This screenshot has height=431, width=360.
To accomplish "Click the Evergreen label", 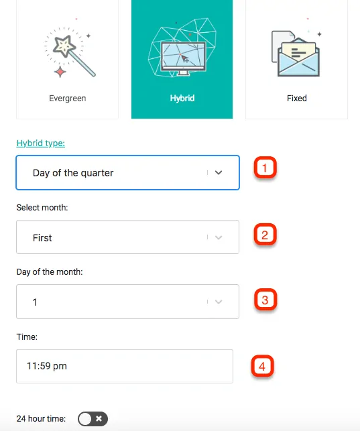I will point(67,98).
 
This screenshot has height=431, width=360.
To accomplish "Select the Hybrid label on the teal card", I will point(182,98).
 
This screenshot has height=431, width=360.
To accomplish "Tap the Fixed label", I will point(296,98).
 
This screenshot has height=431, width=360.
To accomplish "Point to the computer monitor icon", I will point(182,57).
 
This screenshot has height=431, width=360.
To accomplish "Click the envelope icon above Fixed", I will point(296,56).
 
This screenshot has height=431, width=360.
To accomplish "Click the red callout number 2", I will point(265,235).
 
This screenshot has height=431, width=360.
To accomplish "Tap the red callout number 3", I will point(265,300).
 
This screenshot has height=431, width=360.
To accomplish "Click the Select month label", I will point(42,207).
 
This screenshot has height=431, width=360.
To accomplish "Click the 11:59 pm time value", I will point(47,366).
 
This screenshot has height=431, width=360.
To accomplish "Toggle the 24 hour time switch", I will point(93,419).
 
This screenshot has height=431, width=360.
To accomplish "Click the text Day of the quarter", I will point(73,173).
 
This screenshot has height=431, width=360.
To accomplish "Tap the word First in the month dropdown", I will point(42,237).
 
